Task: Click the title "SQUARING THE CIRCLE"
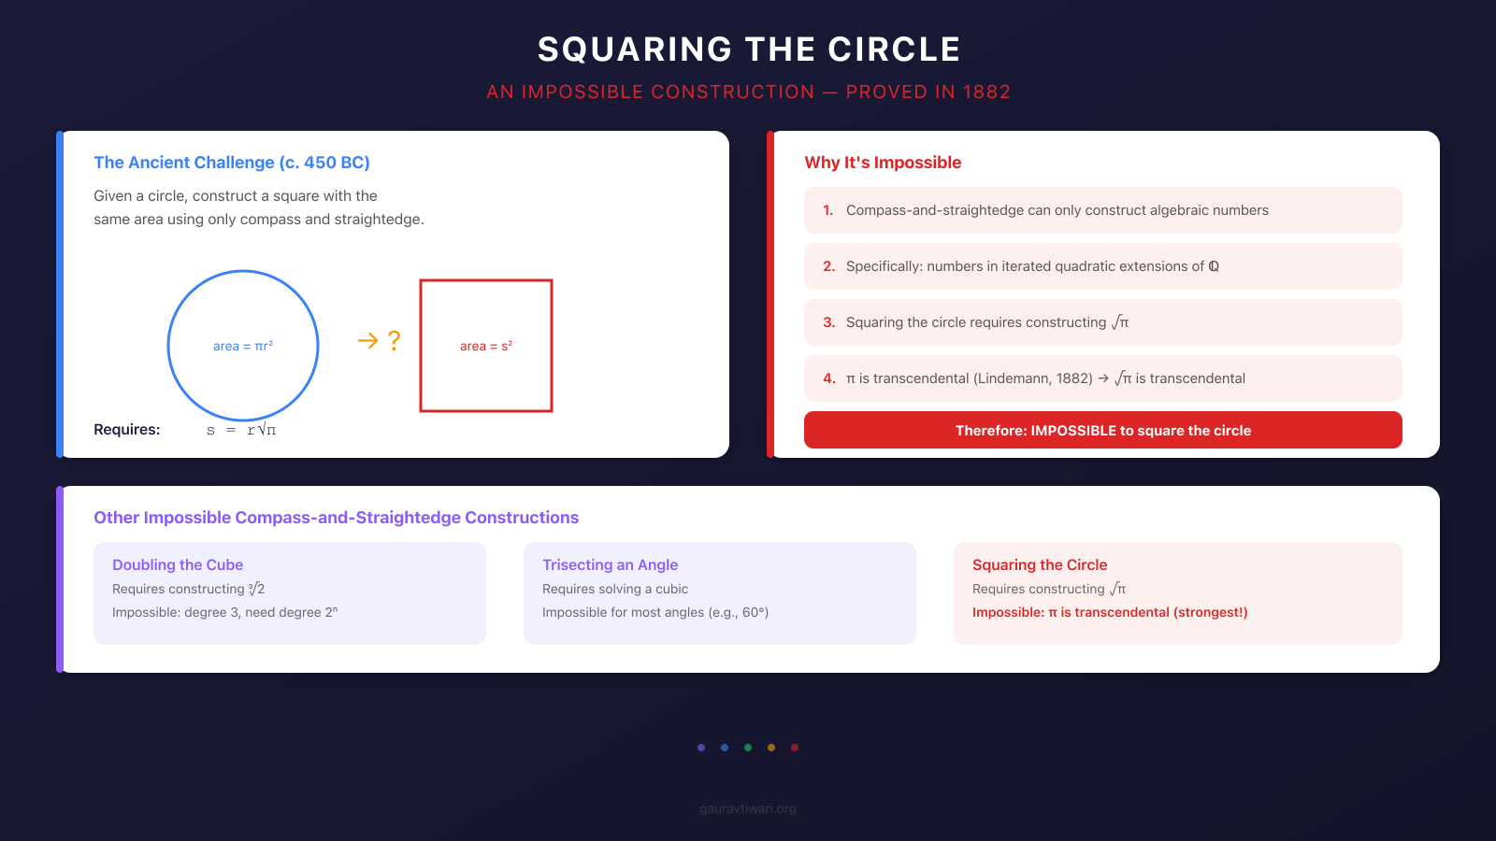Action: pyautogui.click(x=748, y=50)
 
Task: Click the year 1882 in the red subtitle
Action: pyautogui.click(x=986, y=93)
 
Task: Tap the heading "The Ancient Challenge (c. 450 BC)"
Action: pyautogui.click(x=232, y=163)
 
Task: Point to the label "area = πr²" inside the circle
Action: pyautogui.click(x=243, y=346)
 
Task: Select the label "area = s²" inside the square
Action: pyautogui.click(x=486, y=346)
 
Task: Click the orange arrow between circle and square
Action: pyautogui.click(x=367, y=341)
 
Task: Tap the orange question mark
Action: pyautogui.click(x=395, y=341)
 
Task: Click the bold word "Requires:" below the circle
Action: pyautogui.click(x=127, y=430)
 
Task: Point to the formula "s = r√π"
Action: pyautogui.click(x=241, y=430)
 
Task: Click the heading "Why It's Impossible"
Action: pyautogui.click(x=883, y=163)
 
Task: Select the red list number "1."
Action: pyautogui.click(x=828, y=210)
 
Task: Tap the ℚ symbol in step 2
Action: pyautogui.click(x=1214, y=266)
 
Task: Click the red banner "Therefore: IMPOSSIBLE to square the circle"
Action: pyautogui.click(x=1103, y=431)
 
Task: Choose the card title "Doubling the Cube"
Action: pyautogui.click(x=178, y=565)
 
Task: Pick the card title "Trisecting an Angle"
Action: pyautogui.click(x=610, y=565)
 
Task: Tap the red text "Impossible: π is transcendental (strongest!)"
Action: pyautogui.click(x=1110, y=613)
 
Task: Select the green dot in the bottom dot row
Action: pyautogui.click(x=748, y=748)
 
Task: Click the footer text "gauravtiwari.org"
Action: pyautogui.click(x=748, y=809)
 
